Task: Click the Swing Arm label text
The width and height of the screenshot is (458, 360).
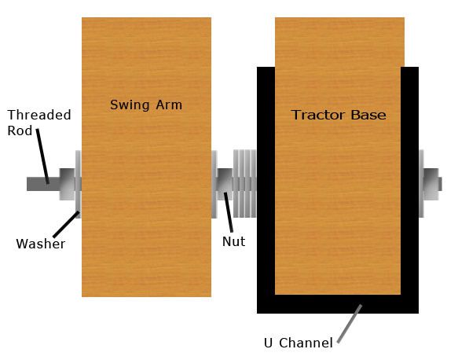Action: pyautogui.click(x=146, y=105)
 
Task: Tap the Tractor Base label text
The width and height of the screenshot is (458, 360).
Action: pyautogui.click(x=339, y=115)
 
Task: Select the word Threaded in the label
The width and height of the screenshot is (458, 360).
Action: pyautogui.click(x=39, y=115)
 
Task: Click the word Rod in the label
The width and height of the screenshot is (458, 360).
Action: pyautogui.click(x=20, y=130)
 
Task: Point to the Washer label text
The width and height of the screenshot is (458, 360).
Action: pyautogui.click(x=41, y=244)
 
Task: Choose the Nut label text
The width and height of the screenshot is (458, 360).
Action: pyautogui.click(x=233, y=241)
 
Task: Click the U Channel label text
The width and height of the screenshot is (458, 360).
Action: pyautogui.click(x=299, y=343)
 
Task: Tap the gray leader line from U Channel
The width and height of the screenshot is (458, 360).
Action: pyautogui.click(x=350, y=324)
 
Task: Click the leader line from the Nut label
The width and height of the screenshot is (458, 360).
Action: pyautogui.click(x=229, y=212)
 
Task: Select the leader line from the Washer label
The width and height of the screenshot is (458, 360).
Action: pyautogui.click(x=66, y=224)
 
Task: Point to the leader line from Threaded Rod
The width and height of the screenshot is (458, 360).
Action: pyautogui.click(x=42, y=156)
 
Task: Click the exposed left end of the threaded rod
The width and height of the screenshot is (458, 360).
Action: pyautogui.click(x=43, y=184)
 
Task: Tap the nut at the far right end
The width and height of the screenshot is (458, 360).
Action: pyautogui.click(x=431, y=184)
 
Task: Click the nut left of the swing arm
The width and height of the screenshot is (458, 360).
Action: pyautogui.click(x=68, y=184)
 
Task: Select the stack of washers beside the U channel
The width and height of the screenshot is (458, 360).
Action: pyautogui.click(x=245, y=183)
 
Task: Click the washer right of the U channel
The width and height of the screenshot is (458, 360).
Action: pyautogui.click(x=421, y=183)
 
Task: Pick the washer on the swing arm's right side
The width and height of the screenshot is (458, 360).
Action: pyautogui.click(x=214, y=184)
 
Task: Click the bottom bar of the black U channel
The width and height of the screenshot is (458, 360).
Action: pyautogui.click(x=338, y=304)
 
